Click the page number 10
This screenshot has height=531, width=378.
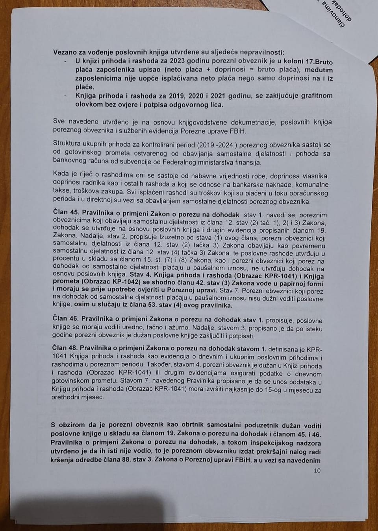coord(317,470)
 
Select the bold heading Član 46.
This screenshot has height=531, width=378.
coord(65,321)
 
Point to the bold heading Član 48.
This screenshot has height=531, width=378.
coord(65,349)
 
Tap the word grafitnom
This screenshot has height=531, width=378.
coord(313,96)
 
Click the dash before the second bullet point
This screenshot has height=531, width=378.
coord(65,96)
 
